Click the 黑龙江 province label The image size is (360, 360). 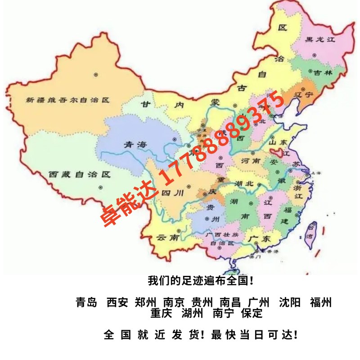[321, 40]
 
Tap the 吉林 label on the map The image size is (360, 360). [324, 72]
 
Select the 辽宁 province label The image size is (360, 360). [306, 95]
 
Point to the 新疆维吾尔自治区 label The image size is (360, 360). [67, 100]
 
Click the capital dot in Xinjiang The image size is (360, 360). [95, 74]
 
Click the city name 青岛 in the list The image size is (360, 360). [86, 302]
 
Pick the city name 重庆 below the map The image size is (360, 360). [161, 313]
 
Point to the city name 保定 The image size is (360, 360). [252, 313]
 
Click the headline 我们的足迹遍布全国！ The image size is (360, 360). [201, 281]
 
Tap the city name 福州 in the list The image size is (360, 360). [321, 302]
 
